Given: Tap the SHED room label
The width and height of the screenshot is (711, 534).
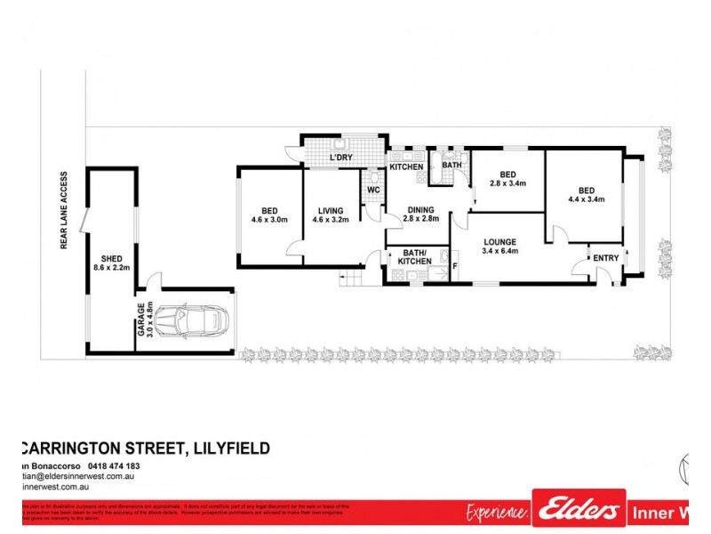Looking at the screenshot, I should click(112, 261).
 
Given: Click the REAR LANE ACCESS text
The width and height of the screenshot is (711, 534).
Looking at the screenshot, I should click(65, 211).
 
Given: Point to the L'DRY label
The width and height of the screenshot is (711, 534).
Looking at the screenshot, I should click(341, 158).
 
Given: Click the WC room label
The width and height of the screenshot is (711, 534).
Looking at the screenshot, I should click(373, 190).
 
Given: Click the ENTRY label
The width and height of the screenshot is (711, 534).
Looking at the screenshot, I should click(606, 258).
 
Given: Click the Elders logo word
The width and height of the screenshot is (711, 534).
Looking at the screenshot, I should click(579, 510).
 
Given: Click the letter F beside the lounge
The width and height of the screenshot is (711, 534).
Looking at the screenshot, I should click(455, 265).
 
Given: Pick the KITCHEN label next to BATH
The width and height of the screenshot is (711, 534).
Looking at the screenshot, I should click(407, 167).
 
